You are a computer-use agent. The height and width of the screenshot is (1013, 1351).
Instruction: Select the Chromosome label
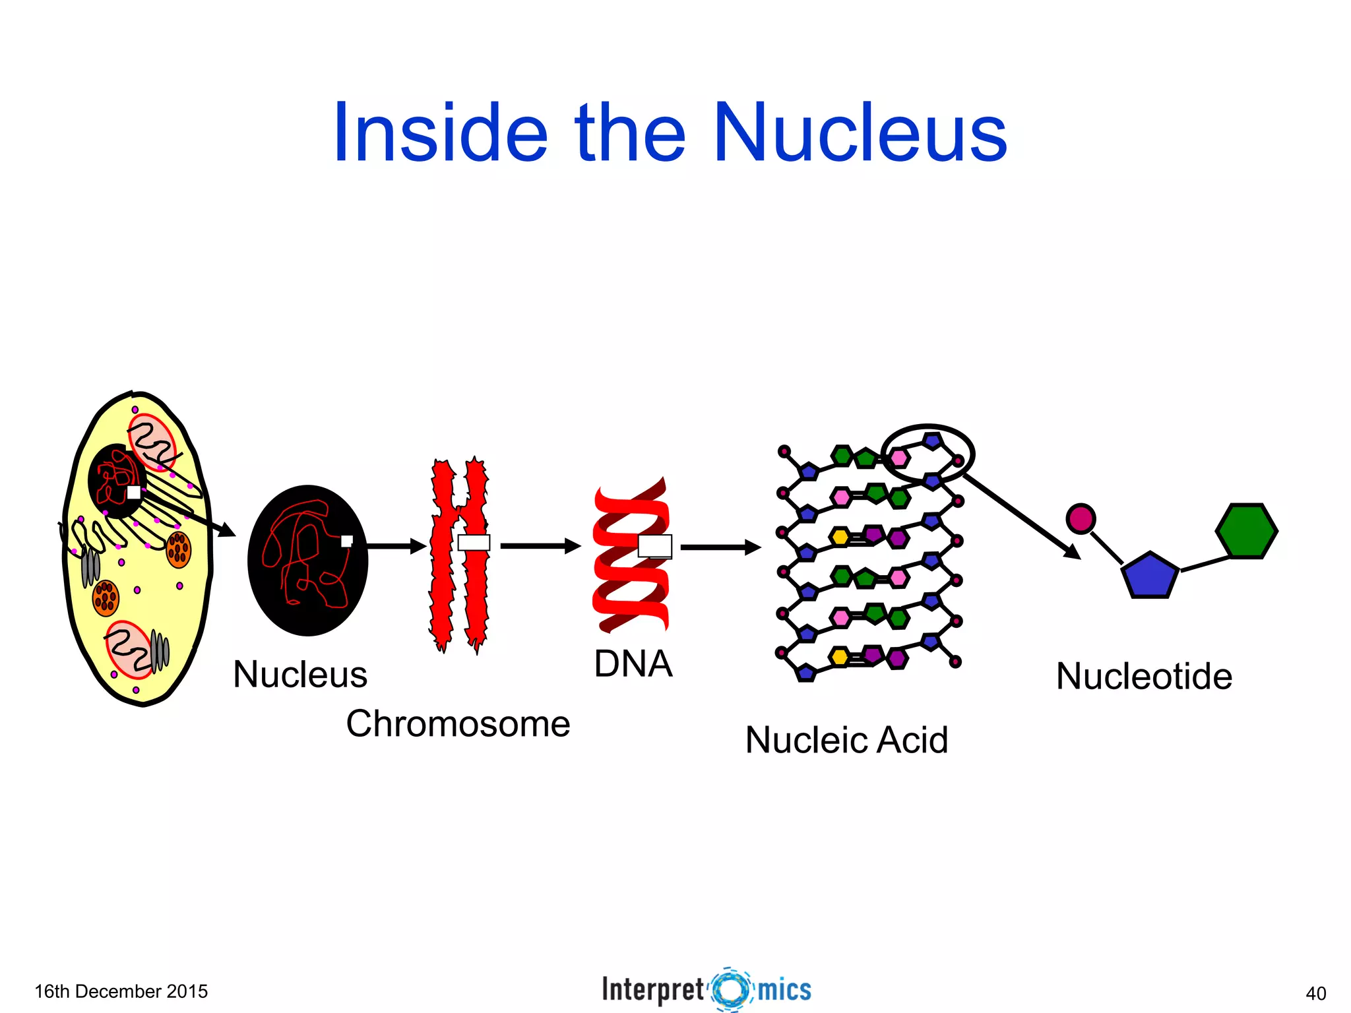pyautogui.click(x=458, y=723)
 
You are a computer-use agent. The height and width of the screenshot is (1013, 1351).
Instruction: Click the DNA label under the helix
pyautogui.click(x=633, y=663)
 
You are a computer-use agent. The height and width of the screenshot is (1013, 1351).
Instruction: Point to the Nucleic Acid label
pyautogui.click(x=846, y=739)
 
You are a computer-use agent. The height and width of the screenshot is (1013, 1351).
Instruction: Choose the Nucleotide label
pyautogui.click(x=1144, y=676)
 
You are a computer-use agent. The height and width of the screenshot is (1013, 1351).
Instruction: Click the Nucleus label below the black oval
pyautogui.click(x=300, y=674)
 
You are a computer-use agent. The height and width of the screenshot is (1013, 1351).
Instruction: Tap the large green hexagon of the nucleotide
pyautogui.click(x=1246, y=531)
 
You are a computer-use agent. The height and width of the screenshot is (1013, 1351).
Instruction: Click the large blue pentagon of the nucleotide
pyautogui.click(x=1150, y=576)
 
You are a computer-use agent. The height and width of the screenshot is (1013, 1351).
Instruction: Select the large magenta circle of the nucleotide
pyautogui.click(x=1081, y=518)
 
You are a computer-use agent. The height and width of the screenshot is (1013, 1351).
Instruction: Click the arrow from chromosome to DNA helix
pyautogui.click(x=540, y=546)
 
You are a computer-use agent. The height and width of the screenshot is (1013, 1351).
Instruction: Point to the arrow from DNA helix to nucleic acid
pyautogui.click(x=720, y=547)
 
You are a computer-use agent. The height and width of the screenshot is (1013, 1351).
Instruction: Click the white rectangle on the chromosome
pyautogui.click(x=474, y=543)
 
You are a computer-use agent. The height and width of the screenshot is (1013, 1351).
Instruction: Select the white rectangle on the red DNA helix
pyautogui.click(x=655, y=546)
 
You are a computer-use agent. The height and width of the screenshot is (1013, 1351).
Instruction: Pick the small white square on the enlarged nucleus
pyautogui.click(x=346, y=541)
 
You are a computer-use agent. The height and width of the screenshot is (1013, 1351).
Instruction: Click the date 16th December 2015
pyautogui.click(x=121, y=991)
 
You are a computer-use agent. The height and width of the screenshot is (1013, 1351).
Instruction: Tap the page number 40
pyautogui.click(x=1315, y=993)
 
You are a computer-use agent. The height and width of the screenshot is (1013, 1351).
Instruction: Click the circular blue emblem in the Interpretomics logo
pyautogui.click(x=731, y=989)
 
